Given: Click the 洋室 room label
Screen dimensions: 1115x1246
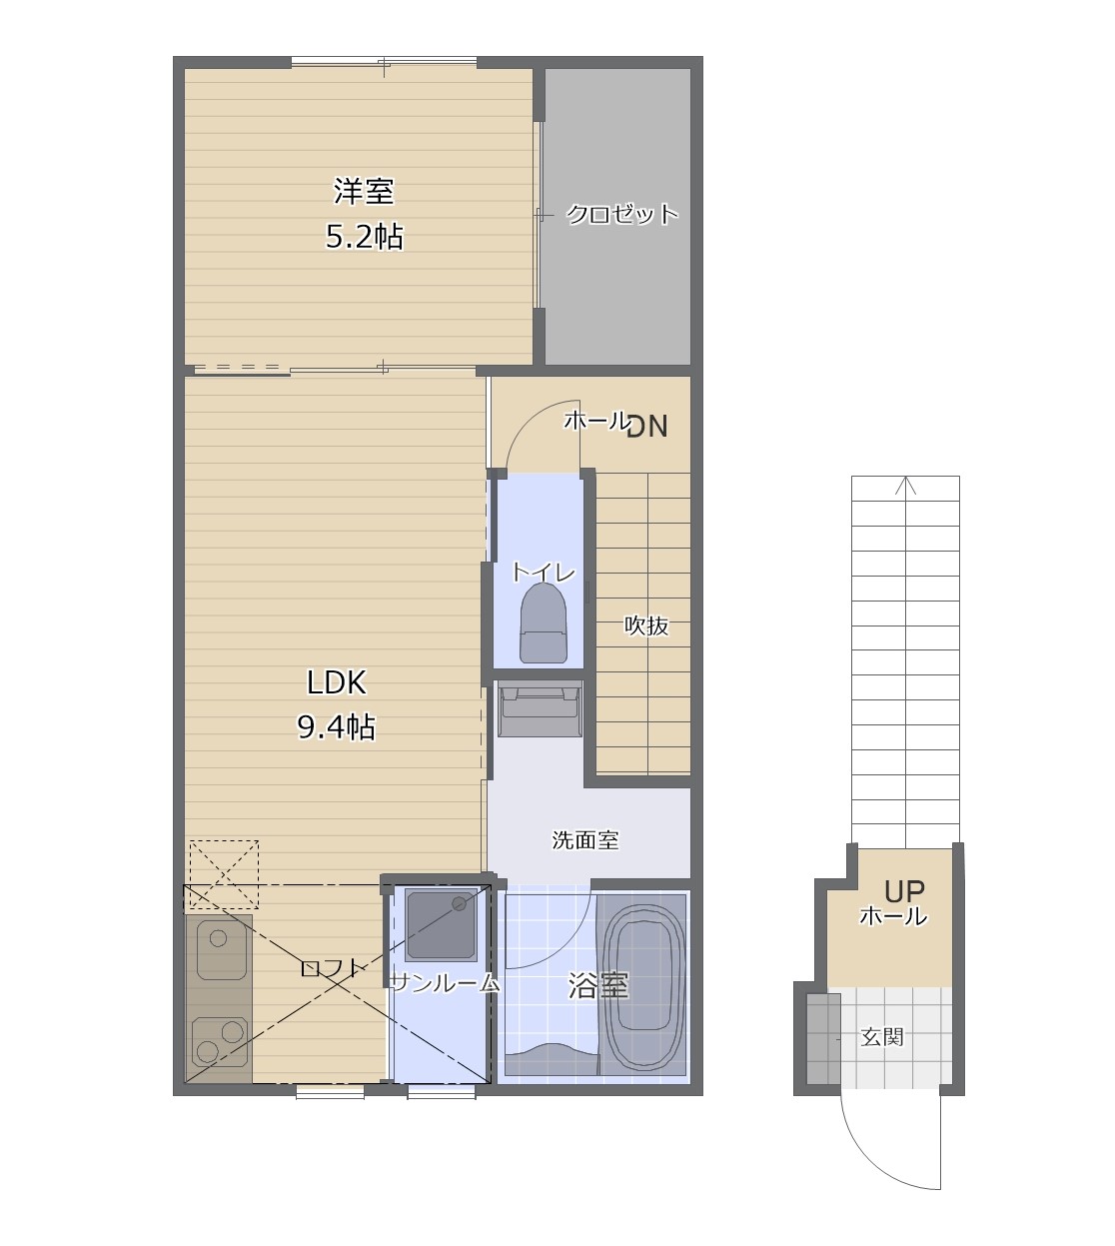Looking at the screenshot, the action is pos(364,191).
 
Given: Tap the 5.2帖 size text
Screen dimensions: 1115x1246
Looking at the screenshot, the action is pos(364,237).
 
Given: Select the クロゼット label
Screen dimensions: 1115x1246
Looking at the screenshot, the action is pos(622,215).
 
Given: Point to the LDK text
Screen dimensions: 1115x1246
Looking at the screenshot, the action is pos(337,682).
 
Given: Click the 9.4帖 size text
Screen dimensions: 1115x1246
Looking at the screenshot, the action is pos(337,727).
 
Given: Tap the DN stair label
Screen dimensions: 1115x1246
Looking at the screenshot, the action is pos(647,427).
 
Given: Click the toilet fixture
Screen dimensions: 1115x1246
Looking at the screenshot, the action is pos(544,623).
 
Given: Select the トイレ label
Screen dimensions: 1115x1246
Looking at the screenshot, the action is pos(544,573).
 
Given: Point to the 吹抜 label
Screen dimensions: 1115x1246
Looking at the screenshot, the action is pos(646,625).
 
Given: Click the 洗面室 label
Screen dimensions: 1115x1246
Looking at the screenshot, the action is pos(584,840).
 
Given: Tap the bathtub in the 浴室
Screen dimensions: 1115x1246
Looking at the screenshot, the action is pos(642,983).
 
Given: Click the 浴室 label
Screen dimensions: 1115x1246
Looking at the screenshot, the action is pos(597,986).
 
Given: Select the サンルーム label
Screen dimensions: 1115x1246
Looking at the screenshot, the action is pos(445,984).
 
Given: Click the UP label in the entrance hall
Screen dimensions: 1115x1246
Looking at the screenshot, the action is pos(904,891).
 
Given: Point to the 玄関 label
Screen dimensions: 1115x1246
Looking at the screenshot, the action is pos(882,1037).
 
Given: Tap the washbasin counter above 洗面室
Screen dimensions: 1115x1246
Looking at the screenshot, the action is pos(540,708).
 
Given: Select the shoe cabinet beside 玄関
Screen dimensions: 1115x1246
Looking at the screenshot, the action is pos(823,1039).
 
